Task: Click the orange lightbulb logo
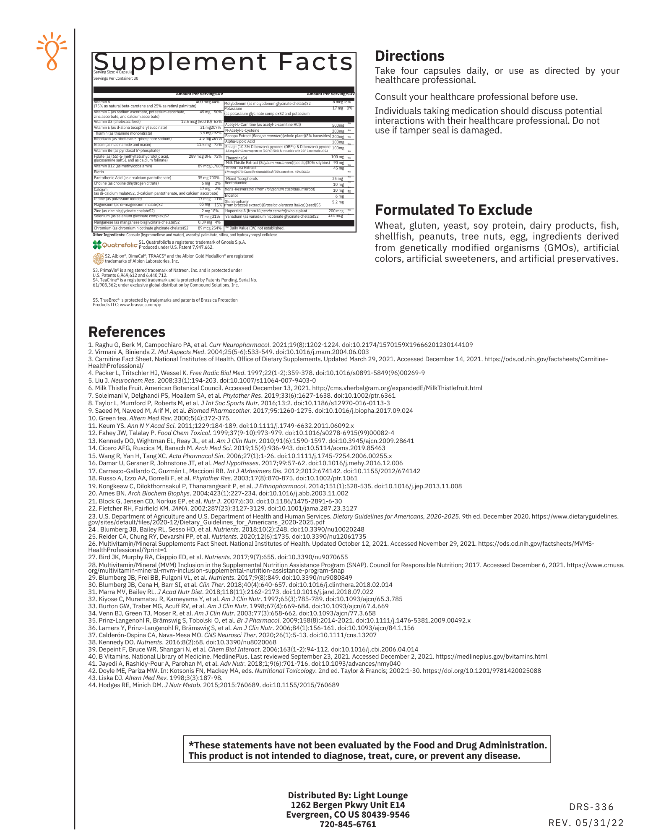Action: click(x=52, y=51)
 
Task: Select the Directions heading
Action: click(x=409, y=56)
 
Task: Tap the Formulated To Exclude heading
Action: click(x=453, y=210)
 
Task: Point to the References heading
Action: click(x=127, y=332)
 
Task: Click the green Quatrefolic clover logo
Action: click(x=97, y=245)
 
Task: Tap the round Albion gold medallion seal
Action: click(x=98, y=258)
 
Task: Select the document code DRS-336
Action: click(x=591, y=807)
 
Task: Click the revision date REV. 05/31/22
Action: click(x=586, y=823)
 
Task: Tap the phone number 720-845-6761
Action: click(x=348, y=824)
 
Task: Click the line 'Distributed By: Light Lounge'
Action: click(x=348, y=795)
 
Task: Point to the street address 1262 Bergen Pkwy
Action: click(x=348, y=805)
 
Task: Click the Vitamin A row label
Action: click(x=102, y=102)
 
